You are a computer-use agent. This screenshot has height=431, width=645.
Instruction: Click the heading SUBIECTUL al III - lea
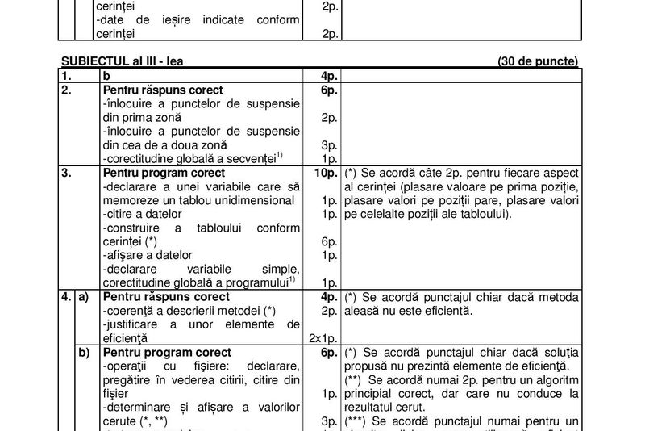(x=127, y=61)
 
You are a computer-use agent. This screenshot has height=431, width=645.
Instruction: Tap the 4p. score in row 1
(x=327, y=76)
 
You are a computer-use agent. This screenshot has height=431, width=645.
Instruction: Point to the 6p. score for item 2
(x=327, y=90)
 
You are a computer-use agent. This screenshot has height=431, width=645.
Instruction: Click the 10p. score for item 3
(x=324, y=173)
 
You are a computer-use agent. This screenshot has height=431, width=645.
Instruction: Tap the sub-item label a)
(x=84, y=297)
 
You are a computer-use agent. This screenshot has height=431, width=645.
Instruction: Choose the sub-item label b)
(x=84, y=353)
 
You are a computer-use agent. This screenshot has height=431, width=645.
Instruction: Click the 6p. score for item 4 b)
(x=327, y=353)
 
